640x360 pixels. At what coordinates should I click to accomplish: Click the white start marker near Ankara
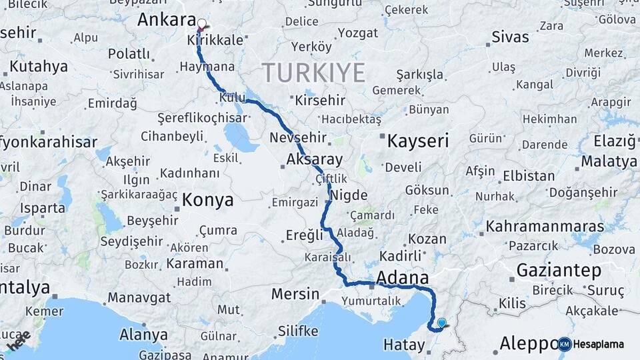202,24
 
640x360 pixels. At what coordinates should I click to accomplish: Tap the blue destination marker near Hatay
441,323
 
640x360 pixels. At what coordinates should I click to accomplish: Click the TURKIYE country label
313,72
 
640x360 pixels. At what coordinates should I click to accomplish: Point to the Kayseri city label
418,141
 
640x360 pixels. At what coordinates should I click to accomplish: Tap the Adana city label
403,277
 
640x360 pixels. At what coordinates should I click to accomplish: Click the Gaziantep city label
559,270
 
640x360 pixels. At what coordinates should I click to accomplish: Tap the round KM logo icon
565,344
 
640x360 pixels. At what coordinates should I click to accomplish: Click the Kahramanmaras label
545,227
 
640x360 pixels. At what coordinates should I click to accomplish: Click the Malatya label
609,161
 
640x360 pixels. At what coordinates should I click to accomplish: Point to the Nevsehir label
299,137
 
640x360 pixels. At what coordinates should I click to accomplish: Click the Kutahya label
39,67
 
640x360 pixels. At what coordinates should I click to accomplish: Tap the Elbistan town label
529,176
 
